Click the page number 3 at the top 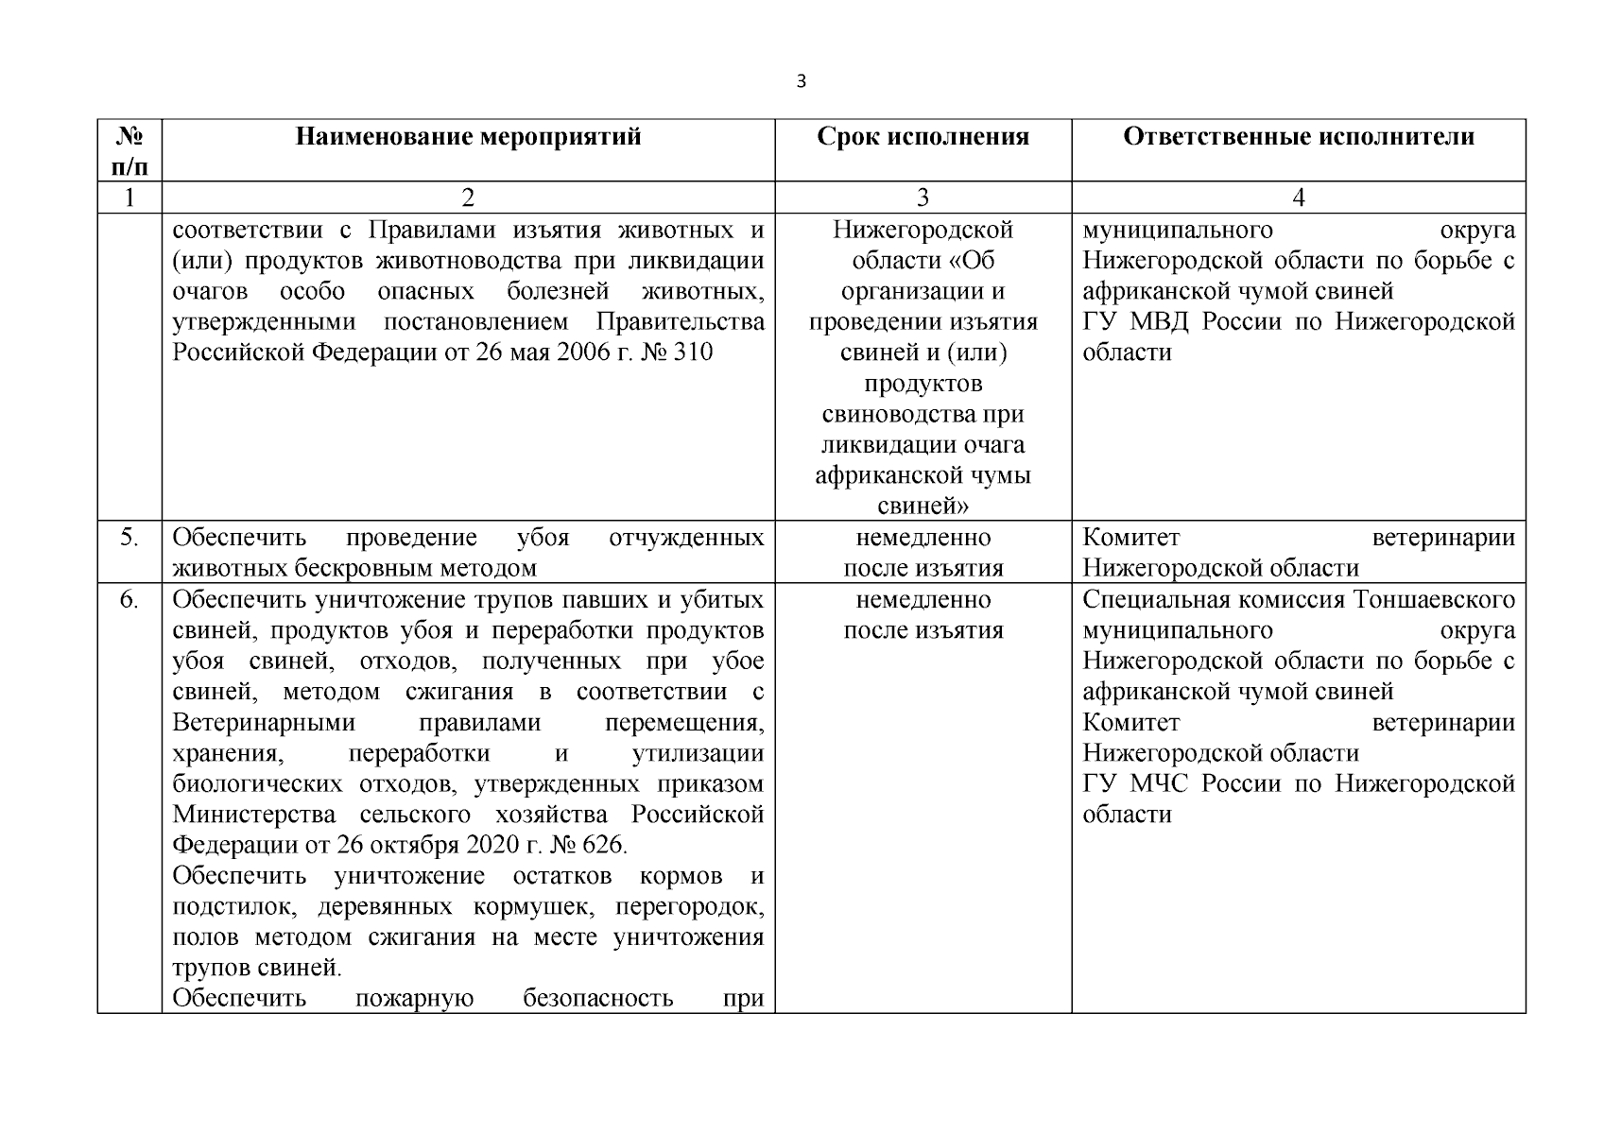pyautogui.click(x=802, y=81)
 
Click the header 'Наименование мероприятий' pyautogui.click(x=468, y=137)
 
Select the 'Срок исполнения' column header pyautogui.click(x=923, y=137)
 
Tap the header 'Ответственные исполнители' pyautogui.click(x=1298, y=137)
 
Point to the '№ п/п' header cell pyautogui.click(x=129, y=151)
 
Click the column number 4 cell pyautogui.click(x=1299, y=198)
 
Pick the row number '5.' pyautogui.click(x=129, y=538)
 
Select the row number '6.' pyautogui.click(x=129, y=600)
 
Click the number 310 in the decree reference pyautogui.click(x=693, y=352)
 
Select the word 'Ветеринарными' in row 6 pyautogui.click(x=264, y=723)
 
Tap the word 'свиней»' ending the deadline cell pyautogui.click(x=923, y=507)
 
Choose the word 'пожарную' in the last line pyautogui.click(x=414, y=998)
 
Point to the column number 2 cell pyautogui.click(x=468, y=198)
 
